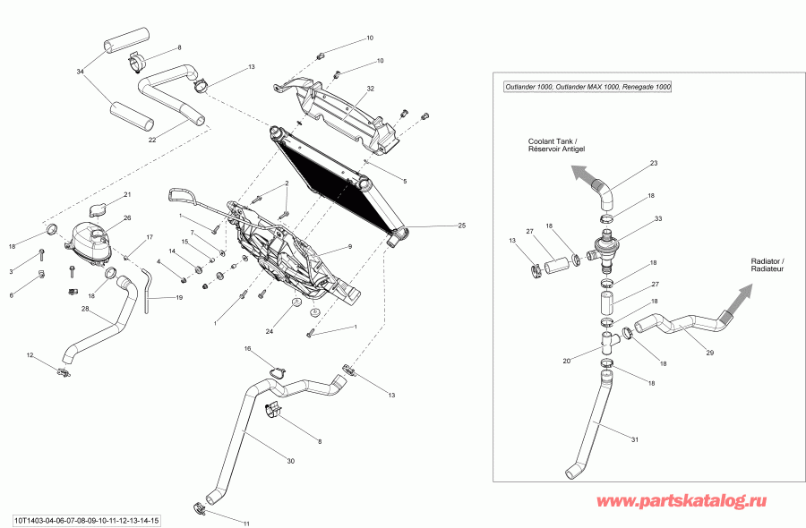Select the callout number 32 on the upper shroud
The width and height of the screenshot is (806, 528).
pos(370,89)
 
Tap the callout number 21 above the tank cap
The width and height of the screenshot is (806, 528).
pos(127,194)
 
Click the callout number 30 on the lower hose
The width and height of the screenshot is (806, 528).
pos(289,462)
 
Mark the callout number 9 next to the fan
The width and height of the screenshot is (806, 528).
pos(349,247)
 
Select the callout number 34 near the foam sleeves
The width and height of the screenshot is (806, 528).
pos(81,72)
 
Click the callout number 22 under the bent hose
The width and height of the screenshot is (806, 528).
pos(152,139)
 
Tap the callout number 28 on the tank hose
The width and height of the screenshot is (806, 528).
pos(85,310)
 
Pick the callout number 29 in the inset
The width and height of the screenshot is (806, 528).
pos(710,353)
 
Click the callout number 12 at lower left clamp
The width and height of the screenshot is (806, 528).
pos(30,355)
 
